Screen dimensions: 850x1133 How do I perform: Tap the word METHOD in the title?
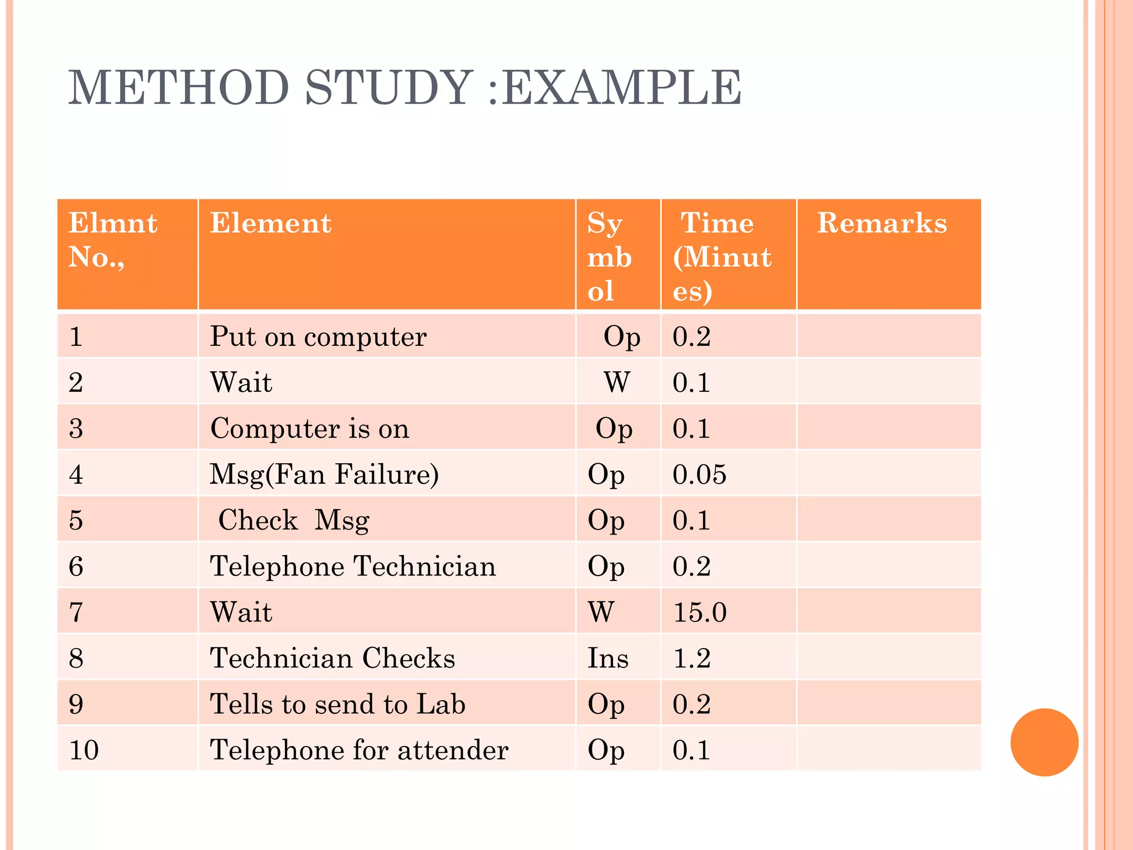178,87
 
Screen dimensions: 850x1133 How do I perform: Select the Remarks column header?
882,224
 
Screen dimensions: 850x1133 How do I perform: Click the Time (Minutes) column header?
721,256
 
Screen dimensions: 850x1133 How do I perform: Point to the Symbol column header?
609,256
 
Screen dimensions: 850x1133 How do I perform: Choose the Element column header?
271,224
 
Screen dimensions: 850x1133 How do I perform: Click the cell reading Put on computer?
318,336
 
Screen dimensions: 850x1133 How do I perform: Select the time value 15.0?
699,612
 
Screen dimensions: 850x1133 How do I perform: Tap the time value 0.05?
699,474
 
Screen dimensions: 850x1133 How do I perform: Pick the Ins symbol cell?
608,658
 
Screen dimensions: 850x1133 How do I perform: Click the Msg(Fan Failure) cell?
324,474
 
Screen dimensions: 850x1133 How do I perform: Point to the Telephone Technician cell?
353,566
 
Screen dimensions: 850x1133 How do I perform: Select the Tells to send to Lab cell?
337,704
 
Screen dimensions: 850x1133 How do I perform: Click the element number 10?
84,750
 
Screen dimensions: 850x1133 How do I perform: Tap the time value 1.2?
692,658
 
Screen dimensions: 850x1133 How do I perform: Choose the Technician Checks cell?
332,658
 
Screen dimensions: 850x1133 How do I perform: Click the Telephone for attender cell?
359,750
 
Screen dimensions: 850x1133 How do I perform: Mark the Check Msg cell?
294,520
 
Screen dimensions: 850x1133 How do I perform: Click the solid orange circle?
1044,742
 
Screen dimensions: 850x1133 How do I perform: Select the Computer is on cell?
310,428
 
